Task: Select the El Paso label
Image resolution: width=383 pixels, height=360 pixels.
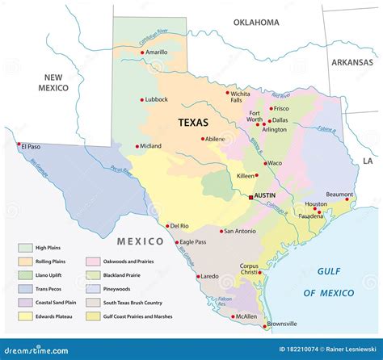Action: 30,146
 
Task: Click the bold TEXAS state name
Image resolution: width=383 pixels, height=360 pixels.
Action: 193,123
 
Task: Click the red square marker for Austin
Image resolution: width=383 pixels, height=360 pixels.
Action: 251,196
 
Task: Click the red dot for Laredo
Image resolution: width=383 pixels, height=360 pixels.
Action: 196,277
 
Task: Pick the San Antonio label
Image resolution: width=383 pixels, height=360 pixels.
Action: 240,231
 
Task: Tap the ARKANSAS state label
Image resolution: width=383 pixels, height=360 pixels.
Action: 351,62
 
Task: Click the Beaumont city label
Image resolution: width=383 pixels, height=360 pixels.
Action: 339,195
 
